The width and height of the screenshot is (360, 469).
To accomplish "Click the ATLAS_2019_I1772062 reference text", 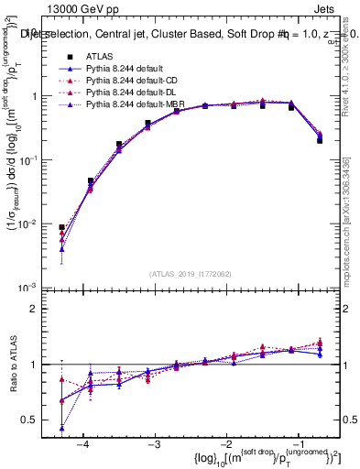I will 189,274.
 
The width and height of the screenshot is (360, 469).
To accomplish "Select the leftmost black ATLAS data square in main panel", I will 61,227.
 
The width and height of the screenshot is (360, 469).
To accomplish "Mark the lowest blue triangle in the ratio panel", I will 61,428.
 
